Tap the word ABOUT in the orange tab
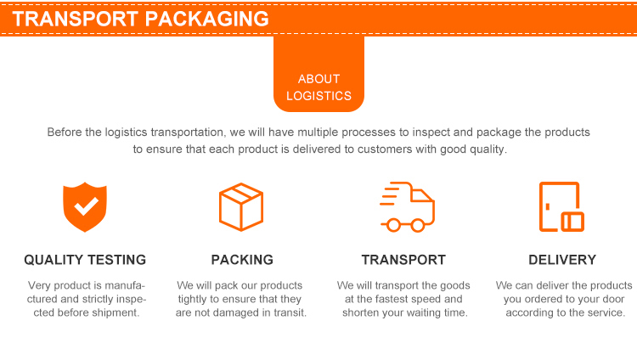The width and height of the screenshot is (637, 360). click(x=318, y=79)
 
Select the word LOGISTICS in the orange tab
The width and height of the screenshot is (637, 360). click(x=318, y=96)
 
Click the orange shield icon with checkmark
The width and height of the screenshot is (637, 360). click(x=86, y=207)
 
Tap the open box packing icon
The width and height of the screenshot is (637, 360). click(x=241, y=206)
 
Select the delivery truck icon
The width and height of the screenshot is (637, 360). click(x=407, y=207)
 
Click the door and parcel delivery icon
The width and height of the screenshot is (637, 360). click(x=561, y=207)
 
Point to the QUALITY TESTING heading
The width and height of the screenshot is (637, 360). click(x=85, y=260)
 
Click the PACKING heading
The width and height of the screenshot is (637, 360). click(x=242, y=260)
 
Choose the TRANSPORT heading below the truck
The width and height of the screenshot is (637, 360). click(x=403, y=260)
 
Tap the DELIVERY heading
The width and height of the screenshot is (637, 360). click(x=562, y=260)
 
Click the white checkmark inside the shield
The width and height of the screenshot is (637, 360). click(x=86, y=205)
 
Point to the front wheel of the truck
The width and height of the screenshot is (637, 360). click(x=417, y=225)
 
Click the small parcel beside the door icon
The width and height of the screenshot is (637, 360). click(x=572, y=222)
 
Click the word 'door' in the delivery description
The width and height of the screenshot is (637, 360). click(x=607, y=299)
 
